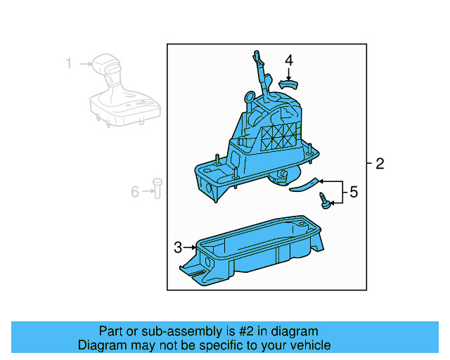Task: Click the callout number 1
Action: pyautogui.click(x=69, y=64)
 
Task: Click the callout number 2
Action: pyautogui.click(x=380, y=165)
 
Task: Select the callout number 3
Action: pyautogui.click(x=178, y=247)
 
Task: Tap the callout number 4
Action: pyautogui.click(x=289, y=60)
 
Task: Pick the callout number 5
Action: pyautogui.click(x=353, y=191)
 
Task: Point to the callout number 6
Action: pyautogui.click(x=135, y=190)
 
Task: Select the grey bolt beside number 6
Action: pyautogui.click(x=157, y=188)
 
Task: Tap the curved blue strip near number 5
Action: pyautogui.click(x=304, y=184)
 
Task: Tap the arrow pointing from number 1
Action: pyautogui.click(x=86, y=64)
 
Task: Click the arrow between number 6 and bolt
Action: pyautogui.click(x=147, y=190)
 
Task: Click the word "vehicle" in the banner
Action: pyautogui.click(x=306, y=345)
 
